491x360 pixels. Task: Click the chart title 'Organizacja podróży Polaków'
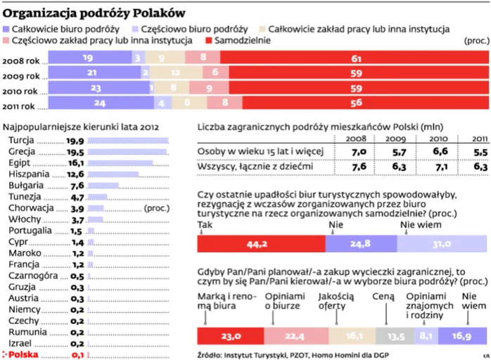(95, 12)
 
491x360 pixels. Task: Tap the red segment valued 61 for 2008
(356, 58)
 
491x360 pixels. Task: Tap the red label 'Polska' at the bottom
(23, 354)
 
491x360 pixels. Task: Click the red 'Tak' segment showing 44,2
(261, 244)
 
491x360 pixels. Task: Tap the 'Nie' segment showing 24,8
(360, 244)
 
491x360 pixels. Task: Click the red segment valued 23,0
(231, 336)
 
